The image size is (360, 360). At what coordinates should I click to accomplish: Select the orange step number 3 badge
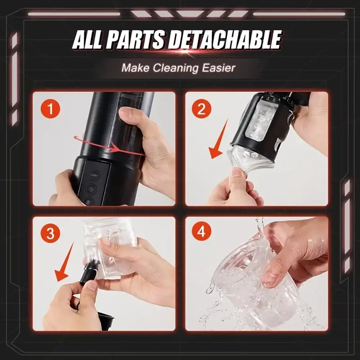click(x=51, y=234)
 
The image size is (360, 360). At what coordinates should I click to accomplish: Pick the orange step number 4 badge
click(x=202, y=233)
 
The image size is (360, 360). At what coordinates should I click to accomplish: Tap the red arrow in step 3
click(x=65, y=263)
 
